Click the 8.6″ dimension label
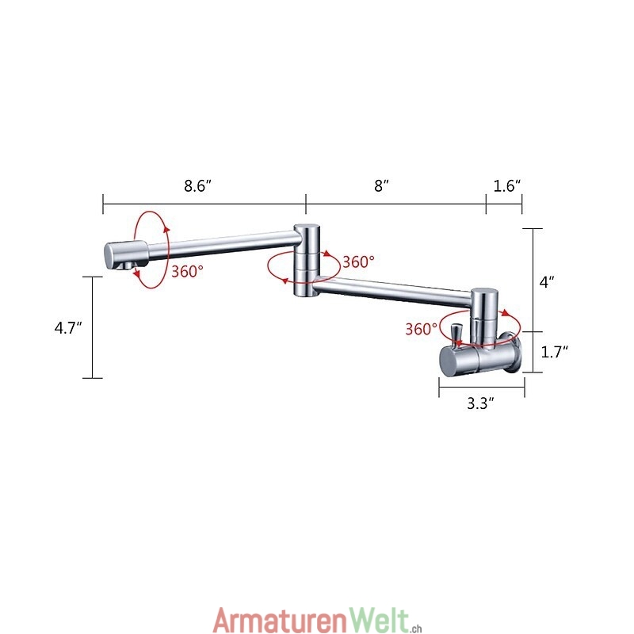click(x=197, y=186)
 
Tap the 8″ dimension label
click(x=381, y=186)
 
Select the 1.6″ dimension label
click(x=507, y=186)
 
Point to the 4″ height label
click(x=547, y=282)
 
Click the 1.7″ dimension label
click(x=554, y=352)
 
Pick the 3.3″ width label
click(x=481, y=403)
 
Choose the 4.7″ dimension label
click(x=68, y=327)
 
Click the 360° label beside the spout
click(x=187, y=271)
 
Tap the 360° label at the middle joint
click(x=358, y=262)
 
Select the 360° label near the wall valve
click(x=422, y=329)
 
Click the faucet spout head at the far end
click(x=126, y=254)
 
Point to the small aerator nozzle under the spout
click(x=127, y=265)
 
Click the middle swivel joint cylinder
click(x=307, y=260)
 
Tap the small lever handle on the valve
click(x=458, y=335)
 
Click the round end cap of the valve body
click(x=449, y=361)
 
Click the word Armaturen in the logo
click(x=281, y=621)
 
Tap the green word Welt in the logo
click(x=379, y=620)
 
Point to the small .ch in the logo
click(x=415, y=627)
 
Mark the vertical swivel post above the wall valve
click(x=484, y=318)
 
